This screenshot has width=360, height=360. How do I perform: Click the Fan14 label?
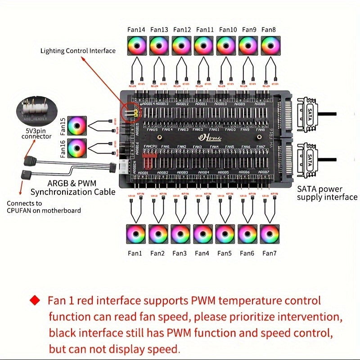(136, 30)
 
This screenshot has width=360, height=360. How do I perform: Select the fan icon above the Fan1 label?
(135, 234)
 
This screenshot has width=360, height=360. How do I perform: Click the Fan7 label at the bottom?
(269, 253)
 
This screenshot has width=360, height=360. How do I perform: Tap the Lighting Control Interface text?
(78, 51)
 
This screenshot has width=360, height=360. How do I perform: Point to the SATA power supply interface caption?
(327, 193)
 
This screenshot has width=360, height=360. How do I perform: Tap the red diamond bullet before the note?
(34, 300)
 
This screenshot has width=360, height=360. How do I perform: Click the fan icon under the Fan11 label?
(204, 45)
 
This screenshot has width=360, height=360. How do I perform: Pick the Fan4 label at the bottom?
(202, 253)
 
